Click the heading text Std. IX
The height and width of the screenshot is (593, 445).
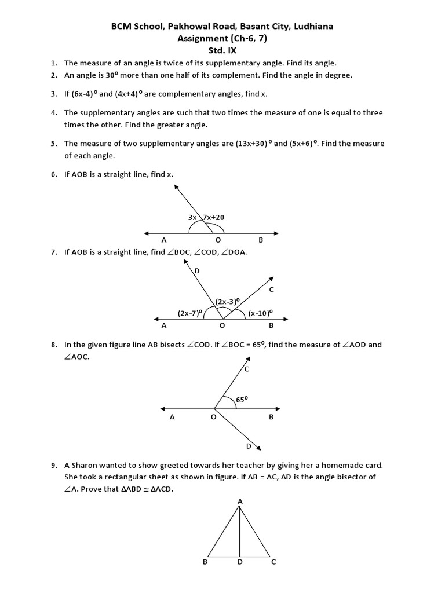pos(222,50)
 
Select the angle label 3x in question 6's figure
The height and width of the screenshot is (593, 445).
pos(192,217)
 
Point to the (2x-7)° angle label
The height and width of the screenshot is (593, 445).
pos(189,313)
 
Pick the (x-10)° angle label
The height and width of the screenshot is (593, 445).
pos(260,313)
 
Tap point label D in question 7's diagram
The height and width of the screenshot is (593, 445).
pos(196,271)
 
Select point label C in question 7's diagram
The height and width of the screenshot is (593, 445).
pos(271,289)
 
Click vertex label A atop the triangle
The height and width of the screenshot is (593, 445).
pos(240,501)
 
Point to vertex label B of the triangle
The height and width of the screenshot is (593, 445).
pos(205,562)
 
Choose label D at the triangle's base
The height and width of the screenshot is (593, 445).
pos(240,562)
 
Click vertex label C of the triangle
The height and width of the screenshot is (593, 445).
pos(273,562)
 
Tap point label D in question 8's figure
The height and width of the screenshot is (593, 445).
pos(249,446)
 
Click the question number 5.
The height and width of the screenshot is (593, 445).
pos(53,144)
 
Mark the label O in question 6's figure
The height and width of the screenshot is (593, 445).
pos(218,240)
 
